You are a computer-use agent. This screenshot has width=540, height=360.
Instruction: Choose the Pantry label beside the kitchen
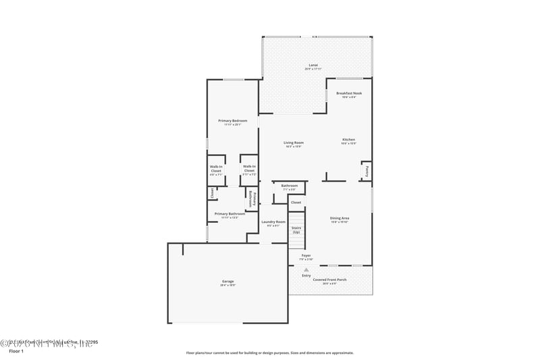coord(367,171)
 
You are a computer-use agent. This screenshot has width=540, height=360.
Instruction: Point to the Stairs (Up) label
coord(296,230)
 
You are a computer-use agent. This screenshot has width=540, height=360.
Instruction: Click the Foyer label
coord(306,257)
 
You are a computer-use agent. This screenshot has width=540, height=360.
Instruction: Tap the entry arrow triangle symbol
coord(306,269)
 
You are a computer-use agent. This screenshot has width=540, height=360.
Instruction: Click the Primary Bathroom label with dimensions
coord(230,215)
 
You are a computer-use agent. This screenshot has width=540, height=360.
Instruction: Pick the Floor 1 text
coord(16,351)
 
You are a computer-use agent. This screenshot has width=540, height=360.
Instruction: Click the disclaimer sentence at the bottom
coord(269,352)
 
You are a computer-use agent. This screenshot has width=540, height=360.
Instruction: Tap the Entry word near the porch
coord(306,276)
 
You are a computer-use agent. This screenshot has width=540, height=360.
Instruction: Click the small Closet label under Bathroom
coord(296,202)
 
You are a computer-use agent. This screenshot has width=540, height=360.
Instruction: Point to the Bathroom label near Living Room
coord(290,186)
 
